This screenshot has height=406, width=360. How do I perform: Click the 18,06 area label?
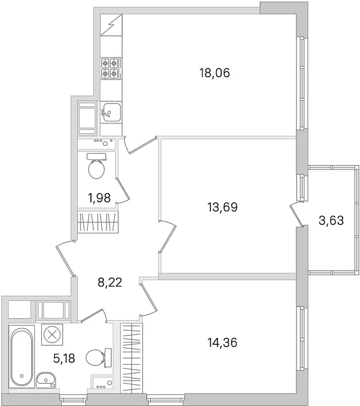pos(214,73)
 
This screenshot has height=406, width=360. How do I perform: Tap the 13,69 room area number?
pos(222,207)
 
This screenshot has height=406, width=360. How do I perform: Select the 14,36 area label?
pos(222,342)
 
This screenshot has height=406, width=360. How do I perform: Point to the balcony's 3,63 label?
pos(331,220)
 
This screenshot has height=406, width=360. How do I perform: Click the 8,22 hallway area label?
pos(110,282)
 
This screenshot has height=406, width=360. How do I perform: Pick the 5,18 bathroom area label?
pos(64,358)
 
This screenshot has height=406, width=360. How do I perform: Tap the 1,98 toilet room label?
pos(100,198)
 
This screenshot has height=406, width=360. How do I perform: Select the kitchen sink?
pos(111,112)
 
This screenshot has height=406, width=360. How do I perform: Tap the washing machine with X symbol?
pos(52,334)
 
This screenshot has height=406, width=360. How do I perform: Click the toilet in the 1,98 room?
pos(97,166)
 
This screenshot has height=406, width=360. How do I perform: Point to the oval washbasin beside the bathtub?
pos(46,380)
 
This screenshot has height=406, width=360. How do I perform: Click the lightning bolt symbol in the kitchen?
pos(111,25)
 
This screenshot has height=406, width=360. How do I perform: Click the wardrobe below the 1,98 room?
pos(98,222)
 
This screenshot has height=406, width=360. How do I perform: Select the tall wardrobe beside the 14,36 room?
pos(131,357)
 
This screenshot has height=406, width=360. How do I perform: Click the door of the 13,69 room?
pos(168,235)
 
